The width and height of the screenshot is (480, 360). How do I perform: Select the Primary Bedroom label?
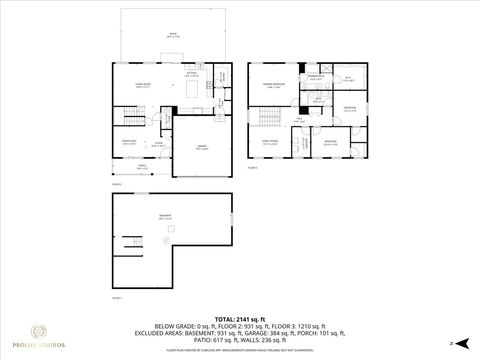[x=271, y=86]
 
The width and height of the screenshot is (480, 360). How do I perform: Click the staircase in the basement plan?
[x=132, y=245]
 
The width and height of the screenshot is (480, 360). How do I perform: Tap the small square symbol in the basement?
[x=161, y=241]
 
